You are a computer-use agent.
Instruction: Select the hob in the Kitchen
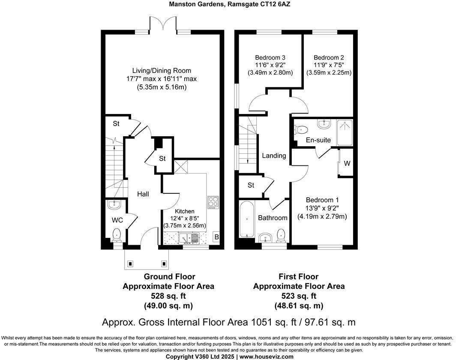click(x=213, y=202)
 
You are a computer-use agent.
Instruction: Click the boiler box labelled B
click(x=217, y=237)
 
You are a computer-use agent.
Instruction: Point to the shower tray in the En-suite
click(x=345, y=132)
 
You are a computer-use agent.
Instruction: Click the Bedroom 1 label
click(x=322, y=200)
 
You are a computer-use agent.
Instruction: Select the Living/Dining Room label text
click(x=162, y=71)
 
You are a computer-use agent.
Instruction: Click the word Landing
click(x=274, y=156)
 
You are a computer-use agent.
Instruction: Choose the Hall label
click(x=143, y=194)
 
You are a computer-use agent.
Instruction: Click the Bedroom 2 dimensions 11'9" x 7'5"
click(x=329, y=65)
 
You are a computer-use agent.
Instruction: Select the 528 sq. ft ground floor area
click(x=168, y=296)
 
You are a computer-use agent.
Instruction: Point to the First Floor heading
click(x=298, y=276)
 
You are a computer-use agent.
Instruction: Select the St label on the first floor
click(x=251, y=185)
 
